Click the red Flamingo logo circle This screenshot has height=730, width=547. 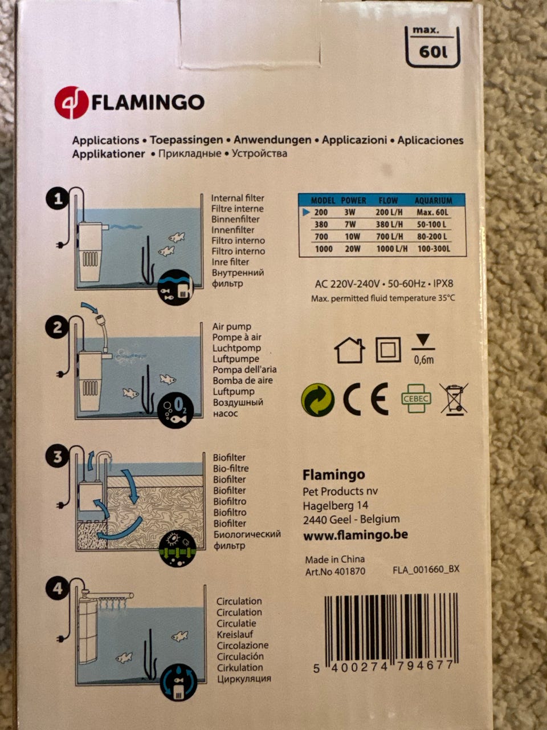(x=71, y=103)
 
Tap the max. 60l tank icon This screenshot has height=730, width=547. (x=432, y=47)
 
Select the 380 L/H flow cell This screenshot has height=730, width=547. (x=389, y=225)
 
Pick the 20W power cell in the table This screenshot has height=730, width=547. (x=352, y=249)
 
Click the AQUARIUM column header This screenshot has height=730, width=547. (x=434, y=201)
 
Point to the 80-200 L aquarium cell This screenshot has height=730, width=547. (x=432, y=237)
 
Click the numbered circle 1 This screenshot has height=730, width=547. (x=58, y=199)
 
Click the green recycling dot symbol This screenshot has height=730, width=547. (x=317, y=399)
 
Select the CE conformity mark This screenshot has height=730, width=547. (x=366, y=399)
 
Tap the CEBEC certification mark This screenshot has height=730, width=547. (x=416, y=399)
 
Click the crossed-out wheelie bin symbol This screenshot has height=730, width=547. (x=454, y=399)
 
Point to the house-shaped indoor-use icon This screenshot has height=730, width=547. (x=350, y=350)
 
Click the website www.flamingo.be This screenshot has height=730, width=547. (x=356, y=535)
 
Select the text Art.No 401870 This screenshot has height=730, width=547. (x=335, y=571)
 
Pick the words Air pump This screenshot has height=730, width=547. (x=232, y=327)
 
